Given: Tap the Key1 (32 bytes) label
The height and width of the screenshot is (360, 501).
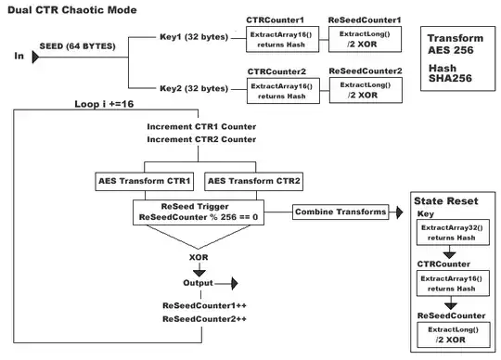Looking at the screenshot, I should point(194,38).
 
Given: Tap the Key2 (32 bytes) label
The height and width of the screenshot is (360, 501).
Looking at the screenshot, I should point(194,89).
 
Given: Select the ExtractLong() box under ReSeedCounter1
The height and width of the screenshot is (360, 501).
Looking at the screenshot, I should point(363,38).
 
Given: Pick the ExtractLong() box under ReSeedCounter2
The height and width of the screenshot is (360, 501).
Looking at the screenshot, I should point(363,89).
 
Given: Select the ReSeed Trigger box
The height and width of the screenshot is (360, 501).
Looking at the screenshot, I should point(197,212).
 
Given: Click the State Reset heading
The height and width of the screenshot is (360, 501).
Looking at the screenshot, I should point(446,201).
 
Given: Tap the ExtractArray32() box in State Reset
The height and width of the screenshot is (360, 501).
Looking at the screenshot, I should point(451,232).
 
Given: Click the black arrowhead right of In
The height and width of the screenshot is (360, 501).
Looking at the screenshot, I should point(35,57).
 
